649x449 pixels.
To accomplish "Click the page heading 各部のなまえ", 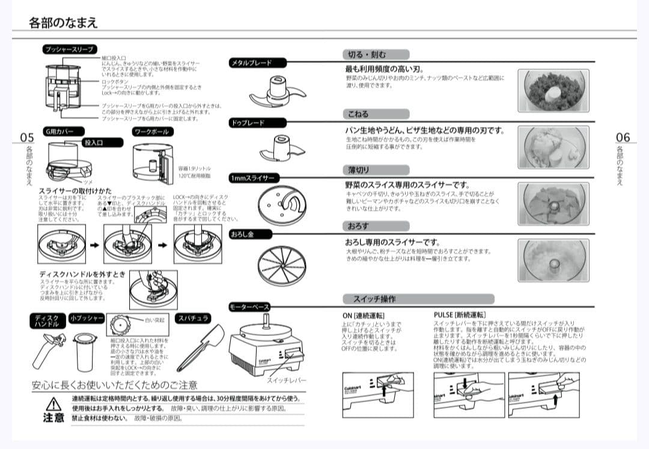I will (63, 23).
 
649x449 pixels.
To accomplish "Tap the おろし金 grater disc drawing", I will (281, 264).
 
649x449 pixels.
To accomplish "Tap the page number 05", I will (27, 137).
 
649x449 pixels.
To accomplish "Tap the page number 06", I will (623, 137).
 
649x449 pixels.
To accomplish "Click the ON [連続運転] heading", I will (363, 315).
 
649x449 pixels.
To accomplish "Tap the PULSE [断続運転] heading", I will (460, 314).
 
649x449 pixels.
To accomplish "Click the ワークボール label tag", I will (151, 132).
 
